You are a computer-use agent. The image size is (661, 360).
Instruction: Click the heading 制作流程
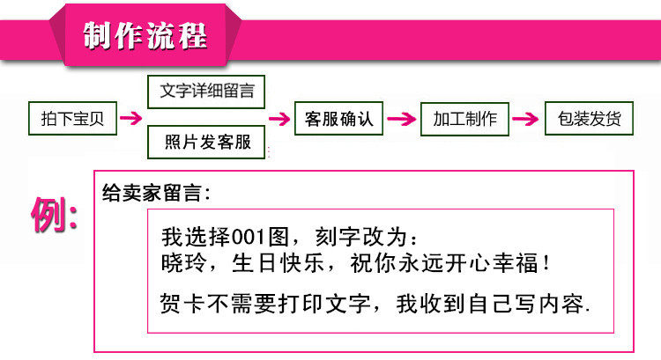(x=145, y=36)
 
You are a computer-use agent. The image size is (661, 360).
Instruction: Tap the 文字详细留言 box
(x=205, y=91)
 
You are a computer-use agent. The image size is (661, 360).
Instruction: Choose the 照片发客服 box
(x=205, y=141)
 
